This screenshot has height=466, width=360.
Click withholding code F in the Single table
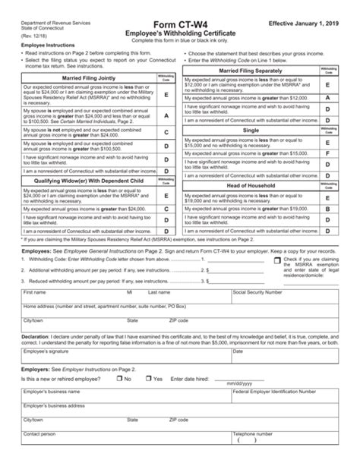tap(327, 153)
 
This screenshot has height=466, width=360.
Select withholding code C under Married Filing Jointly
tap(166, 131)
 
